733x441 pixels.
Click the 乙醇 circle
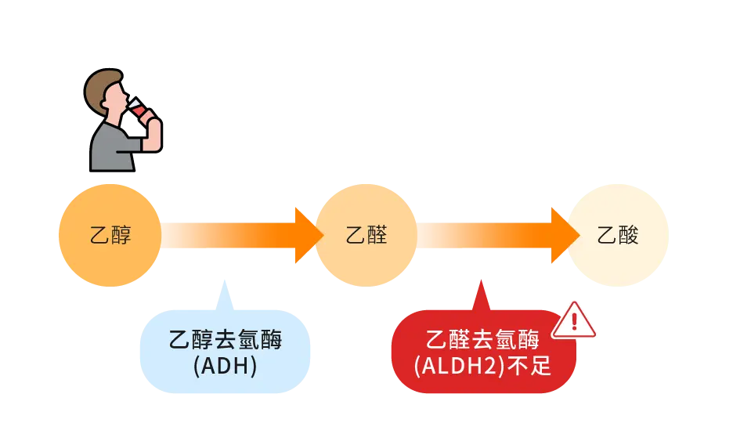(x=109, y=235)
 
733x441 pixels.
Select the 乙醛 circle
(x=366, y=235)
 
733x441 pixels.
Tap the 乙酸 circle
(x=618, y=235)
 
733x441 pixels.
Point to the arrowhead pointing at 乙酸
(x=565, y=235)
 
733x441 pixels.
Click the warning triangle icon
(x=573, y=322)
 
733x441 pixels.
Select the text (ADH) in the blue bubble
(x=226, y=366)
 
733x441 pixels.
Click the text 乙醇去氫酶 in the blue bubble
(x=226, y=341)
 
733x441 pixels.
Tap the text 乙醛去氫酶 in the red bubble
(x=482, y=340)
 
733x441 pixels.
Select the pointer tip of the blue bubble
(x=225, y=280)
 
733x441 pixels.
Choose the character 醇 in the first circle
(x=121, y=235)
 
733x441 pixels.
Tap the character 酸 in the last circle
(x=629, y=235)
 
